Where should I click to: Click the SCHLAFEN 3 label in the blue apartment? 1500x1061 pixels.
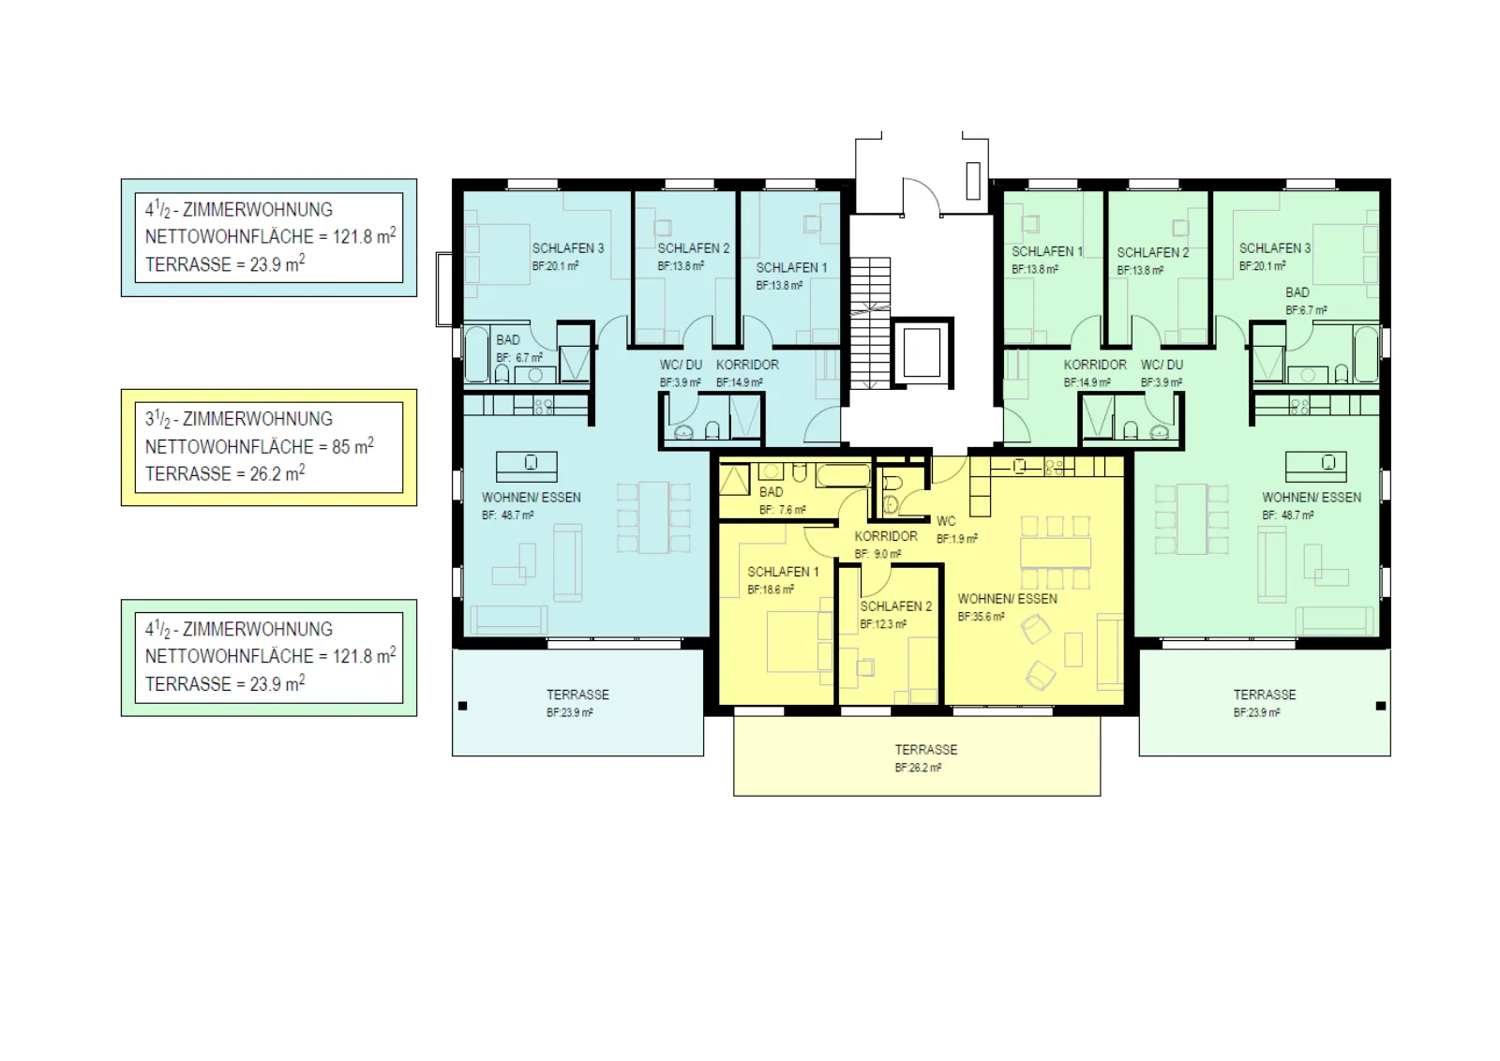(568, 248)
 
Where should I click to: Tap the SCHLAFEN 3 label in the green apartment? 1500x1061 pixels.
(1274, 248)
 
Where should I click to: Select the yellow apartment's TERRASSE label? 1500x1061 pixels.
(926, 750)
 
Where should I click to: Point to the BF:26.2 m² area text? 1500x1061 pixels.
(918, 768)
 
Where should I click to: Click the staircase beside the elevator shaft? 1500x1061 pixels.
(870, 322)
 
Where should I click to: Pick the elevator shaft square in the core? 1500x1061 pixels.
(922, 352)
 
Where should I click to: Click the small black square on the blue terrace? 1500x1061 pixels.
(463, 706)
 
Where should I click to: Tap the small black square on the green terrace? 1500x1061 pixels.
(1380, 706)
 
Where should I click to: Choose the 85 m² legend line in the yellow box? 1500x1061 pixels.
(259, 446)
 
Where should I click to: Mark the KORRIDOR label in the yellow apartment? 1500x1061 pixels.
(886, 536)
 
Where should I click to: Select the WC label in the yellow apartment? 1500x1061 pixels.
(946, 521)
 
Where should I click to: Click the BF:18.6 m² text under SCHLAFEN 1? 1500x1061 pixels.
(771, 590)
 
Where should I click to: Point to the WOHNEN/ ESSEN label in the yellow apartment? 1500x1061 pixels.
(1007, 599)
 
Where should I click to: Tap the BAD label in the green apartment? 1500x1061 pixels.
(1297, 292)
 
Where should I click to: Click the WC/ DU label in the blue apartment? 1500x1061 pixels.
(681, 365)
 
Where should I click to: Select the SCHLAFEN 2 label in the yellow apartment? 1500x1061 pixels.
(896, 606)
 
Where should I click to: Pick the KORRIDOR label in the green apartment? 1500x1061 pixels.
(1095, 365)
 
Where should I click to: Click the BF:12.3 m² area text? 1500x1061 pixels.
(883, 624)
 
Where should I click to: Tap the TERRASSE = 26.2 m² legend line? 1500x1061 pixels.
(225, 473)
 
